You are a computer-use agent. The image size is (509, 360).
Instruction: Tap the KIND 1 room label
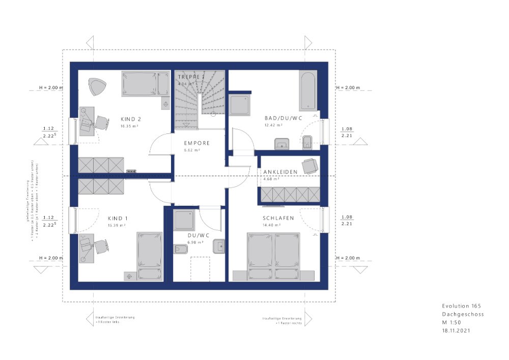(x=118, y=218)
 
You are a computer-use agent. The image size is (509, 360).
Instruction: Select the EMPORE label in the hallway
(x=197, y=143)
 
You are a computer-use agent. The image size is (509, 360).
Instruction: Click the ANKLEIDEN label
(x=280, y=172)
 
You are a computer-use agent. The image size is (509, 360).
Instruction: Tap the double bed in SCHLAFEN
(x=274, y=256)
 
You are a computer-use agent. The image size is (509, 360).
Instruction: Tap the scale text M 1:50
(x=453, y=322)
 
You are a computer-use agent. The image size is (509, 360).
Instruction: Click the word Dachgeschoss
(x=463, y=314)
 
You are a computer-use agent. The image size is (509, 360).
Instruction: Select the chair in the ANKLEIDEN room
(x=309, y=165)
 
